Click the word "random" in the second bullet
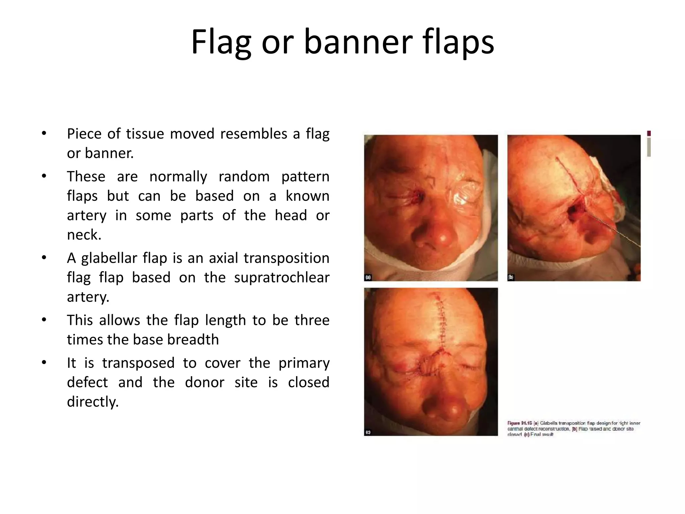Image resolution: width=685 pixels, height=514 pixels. click(244, 176)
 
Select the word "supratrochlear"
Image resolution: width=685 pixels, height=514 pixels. click(282, 278)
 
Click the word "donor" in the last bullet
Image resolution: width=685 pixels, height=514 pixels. click(204, 382)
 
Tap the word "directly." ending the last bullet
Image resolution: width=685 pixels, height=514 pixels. click(93, 402)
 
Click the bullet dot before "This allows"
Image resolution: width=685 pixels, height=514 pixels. click(44, 320)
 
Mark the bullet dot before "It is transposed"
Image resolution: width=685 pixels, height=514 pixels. click(44, 362)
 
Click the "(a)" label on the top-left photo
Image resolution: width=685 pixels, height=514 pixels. click(368, 277)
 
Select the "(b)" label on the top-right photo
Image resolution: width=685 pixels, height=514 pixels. click(511, 277)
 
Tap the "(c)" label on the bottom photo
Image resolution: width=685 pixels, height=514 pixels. click(368, 432)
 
